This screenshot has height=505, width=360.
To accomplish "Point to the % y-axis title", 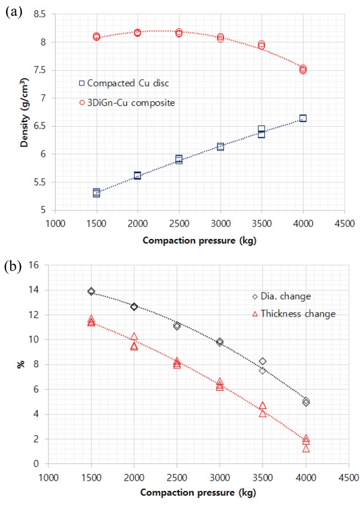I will tap(21, 364).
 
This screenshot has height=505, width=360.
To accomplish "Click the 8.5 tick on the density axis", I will tap(39, 14).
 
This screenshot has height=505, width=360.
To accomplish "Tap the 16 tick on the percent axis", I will tap(35, 265).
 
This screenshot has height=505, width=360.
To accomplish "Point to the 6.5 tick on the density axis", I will tap(39, 126).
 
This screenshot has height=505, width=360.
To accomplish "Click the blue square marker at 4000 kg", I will tap(303, 118).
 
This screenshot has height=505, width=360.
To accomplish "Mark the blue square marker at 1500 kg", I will tap(97, 193).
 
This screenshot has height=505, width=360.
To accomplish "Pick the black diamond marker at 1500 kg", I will tap(91, 291).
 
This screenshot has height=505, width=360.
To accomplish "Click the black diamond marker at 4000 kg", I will tap(306, 402).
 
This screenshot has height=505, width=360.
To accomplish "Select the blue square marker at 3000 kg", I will tap(220, 146).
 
